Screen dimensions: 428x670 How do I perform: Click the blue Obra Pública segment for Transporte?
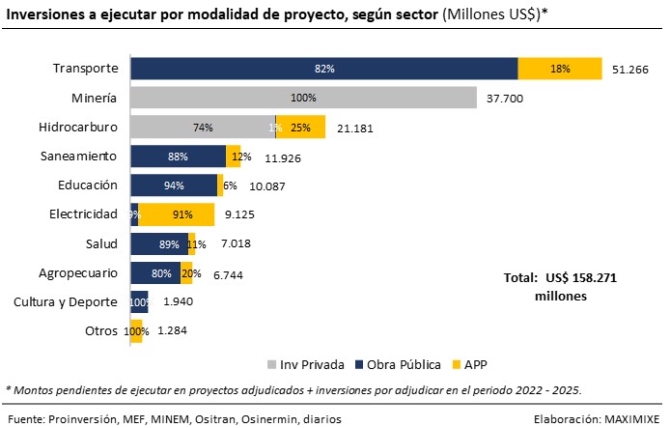323,69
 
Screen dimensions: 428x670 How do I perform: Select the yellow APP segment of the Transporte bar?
560,69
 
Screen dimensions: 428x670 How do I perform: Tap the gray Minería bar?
303,98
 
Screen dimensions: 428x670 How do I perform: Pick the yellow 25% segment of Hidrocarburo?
301,128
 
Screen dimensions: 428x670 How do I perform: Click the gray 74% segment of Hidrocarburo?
202,128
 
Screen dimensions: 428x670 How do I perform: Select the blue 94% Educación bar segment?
174,185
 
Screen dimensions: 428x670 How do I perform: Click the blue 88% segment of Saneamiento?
178,157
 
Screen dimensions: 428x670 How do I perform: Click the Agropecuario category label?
78,272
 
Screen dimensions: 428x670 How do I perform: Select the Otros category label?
101,330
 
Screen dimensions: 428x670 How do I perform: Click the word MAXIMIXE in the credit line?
630,418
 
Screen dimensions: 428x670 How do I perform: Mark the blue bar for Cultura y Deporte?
139,301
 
